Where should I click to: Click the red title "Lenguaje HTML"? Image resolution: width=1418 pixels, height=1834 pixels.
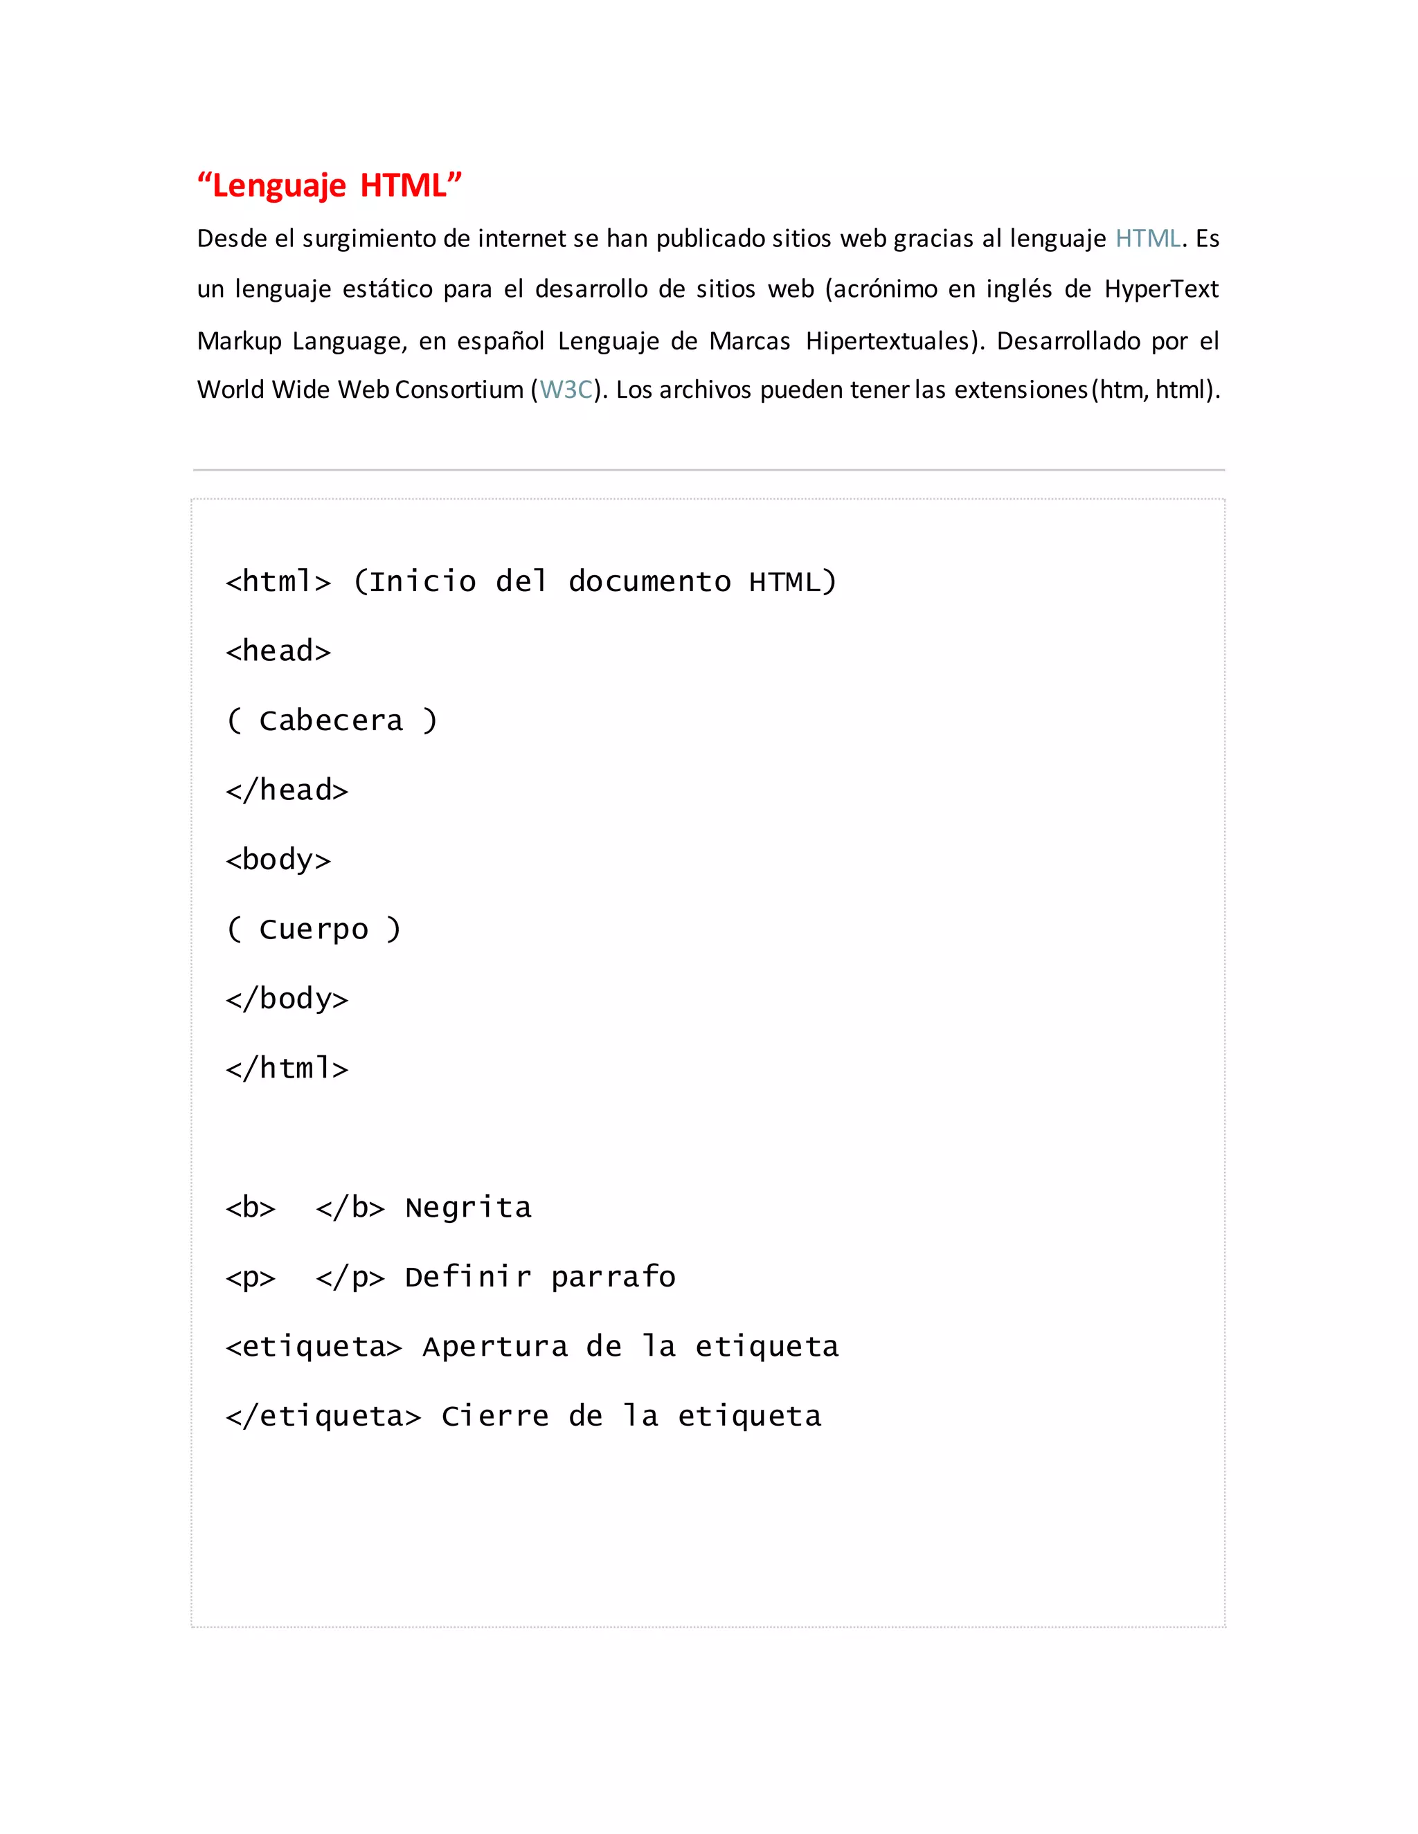point(330,185)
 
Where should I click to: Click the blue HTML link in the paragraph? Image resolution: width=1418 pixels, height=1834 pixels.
point(1147,239)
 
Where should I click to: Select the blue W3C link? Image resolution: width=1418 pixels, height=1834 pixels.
point(566,390)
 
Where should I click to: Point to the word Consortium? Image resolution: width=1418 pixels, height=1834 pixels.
point(458,390)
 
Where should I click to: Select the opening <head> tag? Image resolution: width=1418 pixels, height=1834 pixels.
point(278,652)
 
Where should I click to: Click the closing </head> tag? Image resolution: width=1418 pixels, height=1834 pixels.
point(287,790)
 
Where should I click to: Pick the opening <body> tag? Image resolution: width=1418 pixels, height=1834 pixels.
point(278,860)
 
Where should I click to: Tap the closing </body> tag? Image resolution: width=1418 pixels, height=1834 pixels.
point(287,999)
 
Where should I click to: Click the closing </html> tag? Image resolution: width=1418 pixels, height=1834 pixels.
point(287,1068)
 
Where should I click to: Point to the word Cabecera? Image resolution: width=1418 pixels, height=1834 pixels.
point(331,720)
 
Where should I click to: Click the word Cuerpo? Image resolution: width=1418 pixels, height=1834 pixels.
point(314,929)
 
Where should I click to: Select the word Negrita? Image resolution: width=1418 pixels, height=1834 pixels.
point(468,1208)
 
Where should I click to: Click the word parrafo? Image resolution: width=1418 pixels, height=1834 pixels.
point(613,1278)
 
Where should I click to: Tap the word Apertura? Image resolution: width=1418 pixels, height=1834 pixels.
point(495,1347)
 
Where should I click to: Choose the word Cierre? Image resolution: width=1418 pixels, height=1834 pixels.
point(495,1417)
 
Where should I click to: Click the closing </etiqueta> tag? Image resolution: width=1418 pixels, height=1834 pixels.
point(323,1417)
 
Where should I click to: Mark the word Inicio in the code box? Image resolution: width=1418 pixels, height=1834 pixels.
point(422,582)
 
